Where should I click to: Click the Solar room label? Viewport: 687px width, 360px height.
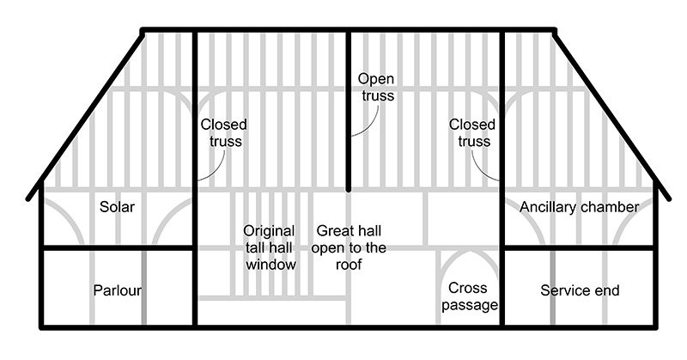tap(118, 207)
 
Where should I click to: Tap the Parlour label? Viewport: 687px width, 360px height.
tap(118, 290)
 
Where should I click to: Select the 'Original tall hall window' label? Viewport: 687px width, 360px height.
tap(270, 247)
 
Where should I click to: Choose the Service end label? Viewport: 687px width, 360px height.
tap(580, 290)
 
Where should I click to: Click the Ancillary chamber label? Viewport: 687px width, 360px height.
tap(580, 207)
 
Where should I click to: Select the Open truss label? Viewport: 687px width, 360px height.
tap(376, 87)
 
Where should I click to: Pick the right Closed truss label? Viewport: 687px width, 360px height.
tap(471, 132)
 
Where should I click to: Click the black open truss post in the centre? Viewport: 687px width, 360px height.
tap(349, 129)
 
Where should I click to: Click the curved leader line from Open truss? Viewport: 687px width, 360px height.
tap(365, 125)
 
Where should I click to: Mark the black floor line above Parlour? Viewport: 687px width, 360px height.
tap(118, 247)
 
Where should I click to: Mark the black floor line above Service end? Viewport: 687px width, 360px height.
tap(580, 247)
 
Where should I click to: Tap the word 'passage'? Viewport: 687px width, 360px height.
tap(469, 305)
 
